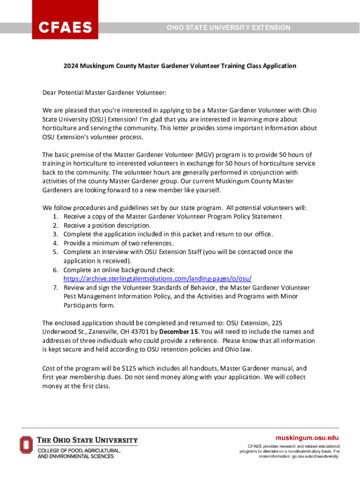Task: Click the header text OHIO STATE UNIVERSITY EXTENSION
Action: click(229, 28)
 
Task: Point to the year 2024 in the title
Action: click(71, 66)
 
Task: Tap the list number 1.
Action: click(55, 217)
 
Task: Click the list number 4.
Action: click(55, 243)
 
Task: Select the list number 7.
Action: click(55, 288)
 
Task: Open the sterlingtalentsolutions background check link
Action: click(158, 279)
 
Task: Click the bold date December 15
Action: click(179, 332)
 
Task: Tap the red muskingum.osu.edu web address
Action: click(307, 438)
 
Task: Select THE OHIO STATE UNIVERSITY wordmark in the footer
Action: click(87, 440)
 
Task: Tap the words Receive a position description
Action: click(107, 225)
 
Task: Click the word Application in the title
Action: click(279, 66)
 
